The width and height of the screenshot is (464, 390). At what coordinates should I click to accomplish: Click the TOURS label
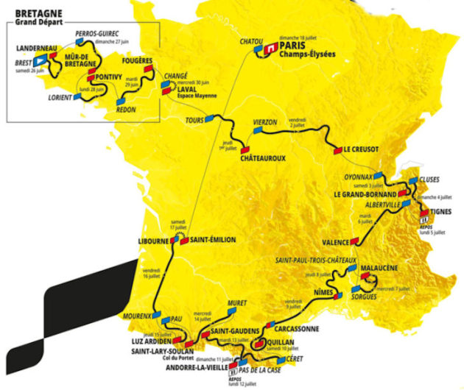(195, 120)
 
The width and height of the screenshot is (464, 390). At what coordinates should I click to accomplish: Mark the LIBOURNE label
(154, 241)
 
